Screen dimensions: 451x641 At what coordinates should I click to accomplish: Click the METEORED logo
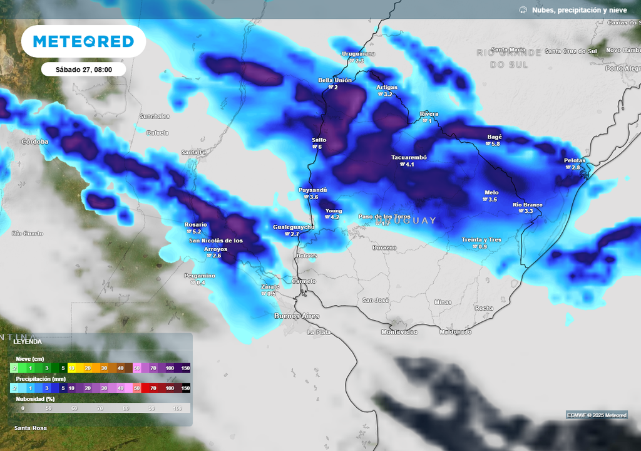point(83,41)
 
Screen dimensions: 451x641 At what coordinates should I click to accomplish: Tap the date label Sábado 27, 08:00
point(83,70)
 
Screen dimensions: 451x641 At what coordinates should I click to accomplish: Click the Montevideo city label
point(399,332)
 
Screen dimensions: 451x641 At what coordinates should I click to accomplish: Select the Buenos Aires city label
point(297,316)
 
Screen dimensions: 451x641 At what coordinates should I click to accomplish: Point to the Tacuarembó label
point(409,157)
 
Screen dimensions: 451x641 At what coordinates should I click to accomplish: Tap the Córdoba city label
point(34,142)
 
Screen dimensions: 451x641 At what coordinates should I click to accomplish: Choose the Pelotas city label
point(575,160)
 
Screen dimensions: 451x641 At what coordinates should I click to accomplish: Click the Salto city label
point(319,140)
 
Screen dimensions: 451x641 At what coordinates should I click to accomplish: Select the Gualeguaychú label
point(294,227)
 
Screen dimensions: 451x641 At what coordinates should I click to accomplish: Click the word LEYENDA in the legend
point(28,342)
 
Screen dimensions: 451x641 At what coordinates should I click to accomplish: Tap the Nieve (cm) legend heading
point(30,359)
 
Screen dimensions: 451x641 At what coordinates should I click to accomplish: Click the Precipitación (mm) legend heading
point(41,378)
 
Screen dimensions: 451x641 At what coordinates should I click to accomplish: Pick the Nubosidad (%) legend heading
point(36,398)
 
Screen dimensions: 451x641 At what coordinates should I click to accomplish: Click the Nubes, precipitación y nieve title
point(578,10)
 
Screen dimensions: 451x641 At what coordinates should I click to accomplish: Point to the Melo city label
point(491,192)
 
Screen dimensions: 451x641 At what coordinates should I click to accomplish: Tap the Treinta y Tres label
point(481,239)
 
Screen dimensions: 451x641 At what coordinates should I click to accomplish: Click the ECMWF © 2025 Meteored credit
point(597,415)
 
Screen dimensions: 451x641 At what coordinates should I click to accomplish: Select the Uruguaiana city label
point(358,54)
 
